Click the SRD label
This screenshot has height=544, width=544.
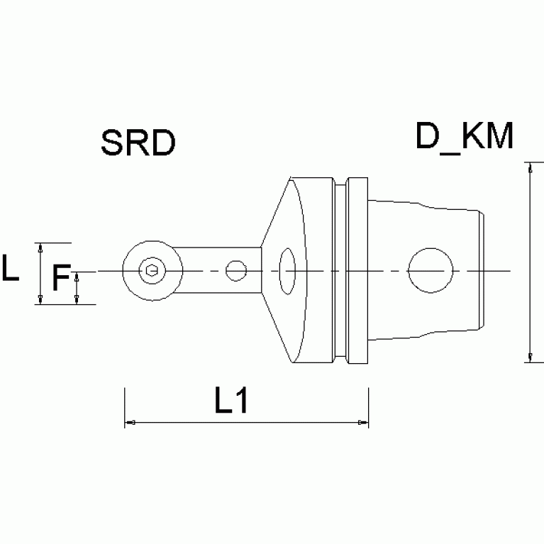(x=138, y=143)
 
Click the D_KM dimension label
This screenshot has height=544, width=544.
(x=465, y=137)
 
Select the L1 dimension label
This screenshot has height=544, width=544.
(x=231, y=402)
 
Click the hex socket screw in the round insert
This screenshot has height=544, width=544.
(x=150, y=270)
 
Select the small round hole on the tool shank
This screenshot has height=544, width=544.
(x=235, y=270)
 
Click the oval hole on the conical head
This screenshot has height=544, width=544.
(x=287, y=270)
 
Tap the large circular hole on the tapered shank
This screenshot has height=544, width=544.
(x=431, y=270)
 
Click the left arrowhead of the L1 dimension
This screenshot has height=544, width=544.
(x=128, y=423)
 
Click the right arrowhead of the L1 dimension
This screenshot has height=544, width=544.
(x=364, y=423)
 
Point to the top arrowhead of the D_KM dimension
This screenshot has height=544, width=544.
(x=529, y=167)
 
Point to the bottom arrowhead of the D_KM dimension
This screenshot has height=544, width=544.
(x=529, y=357)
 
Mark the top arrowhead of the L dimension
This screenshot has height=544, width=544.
(x=41, y=246)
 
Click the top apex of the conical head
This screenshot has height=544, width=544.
(x=292, y=178)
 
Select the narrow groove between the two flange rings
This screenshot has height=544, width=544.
(x=343, y=270)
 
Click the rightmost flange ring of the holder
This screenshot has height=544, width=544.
(x=358, y=270)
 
